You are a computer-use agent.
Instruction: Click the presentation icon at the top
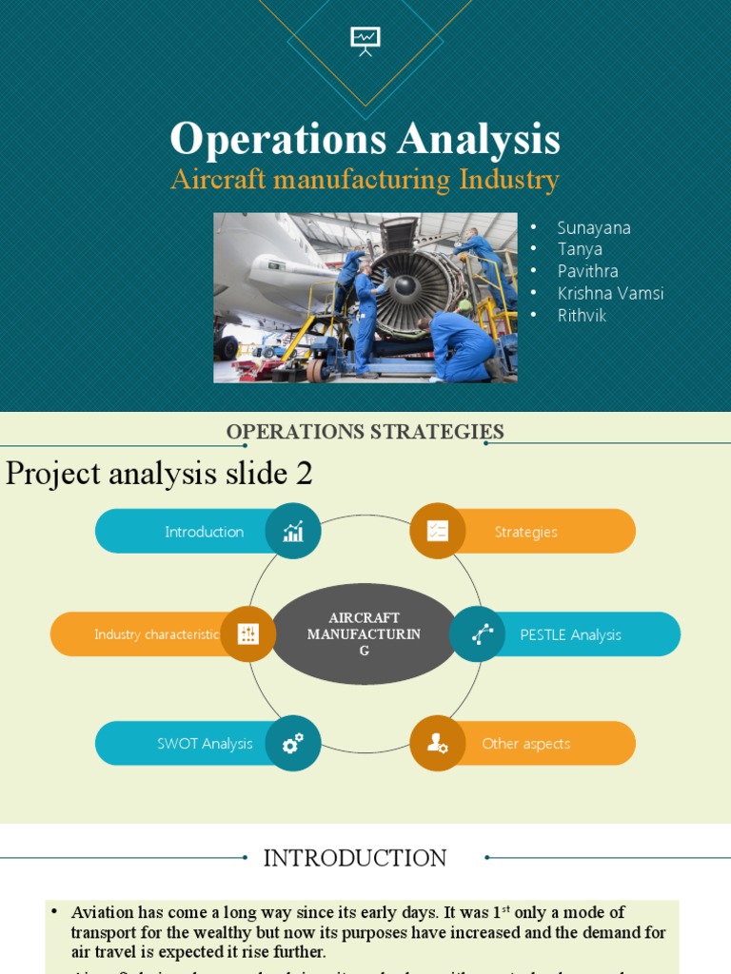[365, 40]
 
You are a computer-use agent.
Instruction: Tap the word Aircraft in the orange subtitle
[216, 180]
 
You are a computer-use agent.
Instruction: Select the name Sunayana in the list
[594, 227]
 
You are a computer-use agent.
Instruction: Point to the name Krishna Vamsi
[610, 293]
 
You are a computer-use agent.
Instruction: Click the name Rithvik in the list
[582, 315]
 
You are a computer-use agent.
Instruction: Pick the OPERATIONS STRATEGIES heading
[365, 432]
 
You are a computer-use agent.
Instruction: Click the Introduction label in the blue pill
[204, 532]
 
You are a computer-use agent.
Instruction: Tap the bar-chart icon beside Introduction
[293, 531]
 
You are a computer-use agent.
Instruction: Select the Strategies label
[525, 532]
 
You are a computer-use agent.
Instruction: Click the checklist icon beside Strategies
[438, 531]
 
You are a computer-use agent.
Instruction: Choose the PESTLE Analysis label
[570, 634]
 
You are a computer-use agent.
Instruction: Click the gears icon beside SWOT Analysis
[293, 743]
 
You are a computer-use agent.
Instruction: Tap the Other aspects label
[525, 744]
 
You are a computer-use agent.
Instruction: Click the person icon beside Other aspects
[438, 743]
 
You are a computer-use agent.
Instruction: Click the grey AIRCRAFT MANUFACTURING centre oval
[365, 633]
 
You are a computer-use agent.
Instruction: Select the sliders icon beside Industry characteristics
[248, 633]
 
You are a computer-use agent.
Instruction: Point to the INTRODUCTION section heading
[355, 858]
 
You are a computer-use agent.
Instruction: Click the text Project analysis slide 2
[159, 473]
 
